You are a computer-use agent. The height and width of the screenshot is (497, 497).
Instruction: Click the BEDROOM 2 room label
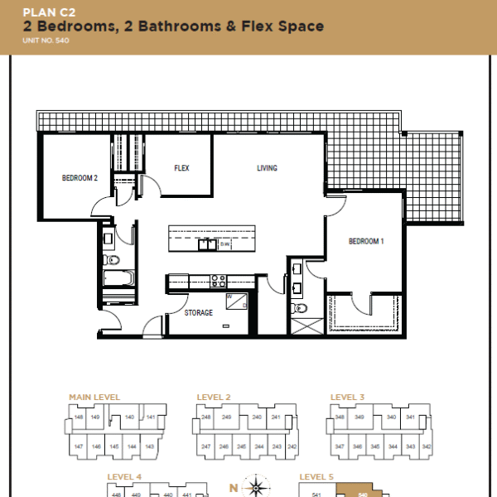(80, 177)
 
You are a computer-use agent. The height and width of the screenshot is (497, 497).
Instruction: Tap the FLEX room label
(181, 168)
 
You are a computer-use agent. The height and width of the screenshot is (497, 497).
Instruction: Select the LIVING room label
(267, 168)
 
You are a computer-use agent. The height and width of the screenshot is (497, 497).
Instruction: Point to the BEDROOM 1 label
(365, 241)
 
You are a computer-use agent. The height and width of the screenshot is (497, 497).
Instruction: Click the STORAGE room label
(198, 313)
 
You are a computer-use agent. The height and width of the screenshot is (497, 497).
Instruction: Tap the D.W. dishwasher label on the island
(224, 244)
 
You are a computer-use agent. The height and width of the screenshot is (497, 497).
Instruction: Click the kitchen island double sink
(204, 244)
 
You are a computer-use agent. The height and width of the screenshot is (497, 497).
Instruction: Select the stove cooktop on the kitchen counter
(218, 281)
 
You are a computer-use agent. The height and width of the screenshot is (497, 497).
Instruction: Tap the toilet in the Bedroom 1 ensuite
(300, 308)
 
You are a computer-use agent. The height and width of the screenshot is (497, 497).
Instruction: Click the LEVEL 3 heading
(347, 398)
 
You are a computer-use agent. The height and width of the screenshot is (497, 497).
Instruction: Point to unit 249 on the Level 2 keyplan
(226, 417)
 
